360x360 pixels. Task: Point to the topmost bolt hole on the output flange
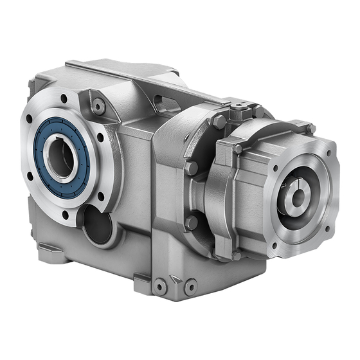64,99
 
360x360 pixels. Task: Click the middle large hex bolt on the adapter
191,169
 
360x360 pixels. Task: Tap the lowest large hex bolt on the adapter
191,222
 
